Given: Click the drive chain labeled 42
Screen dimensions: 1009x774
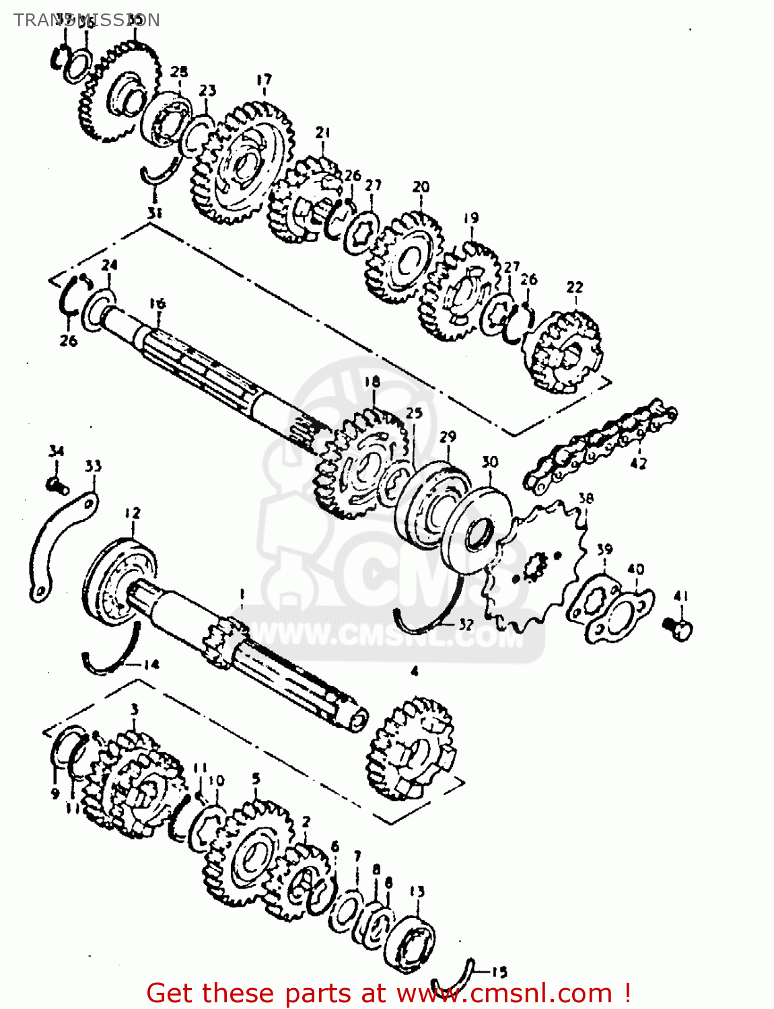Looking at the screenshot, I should click(x=599, y=441).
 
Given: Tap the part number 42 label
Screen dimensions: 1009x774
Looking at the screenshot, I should click(x=638, y=463).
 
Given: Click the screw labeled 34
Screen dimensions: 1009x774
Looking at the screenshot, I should click(x=57, y=483).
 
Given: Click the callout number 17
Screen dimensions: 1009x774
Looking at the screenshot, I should click(x=264, y=80).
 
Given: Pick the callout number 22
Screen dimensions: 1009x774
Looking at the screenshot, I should click(x=574, y=287).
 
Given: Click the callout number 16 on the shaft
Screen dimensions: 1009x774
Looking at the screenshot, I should click(x=157, y=303).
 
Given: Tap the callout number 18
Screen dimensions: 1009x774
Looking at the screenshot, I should click(x=372, y=382).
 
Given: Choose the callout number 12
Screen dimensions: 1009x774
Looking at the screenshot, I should click(x=133, y=513).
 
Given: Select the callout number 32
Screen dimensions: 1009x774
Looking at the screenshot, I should click(x=466, y=624).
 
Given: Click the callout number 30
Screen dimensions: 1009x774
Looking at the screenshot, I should click(x=490, y=462).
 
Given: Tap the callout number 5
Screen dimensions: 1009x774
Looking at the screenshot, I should click(x=256, y=778).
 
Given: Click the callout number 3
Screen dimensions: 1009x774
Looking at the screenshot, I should click(x=135, y=709).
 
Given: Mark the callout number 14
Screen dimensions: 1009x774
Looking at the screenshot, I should click(x=151, y=665).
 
